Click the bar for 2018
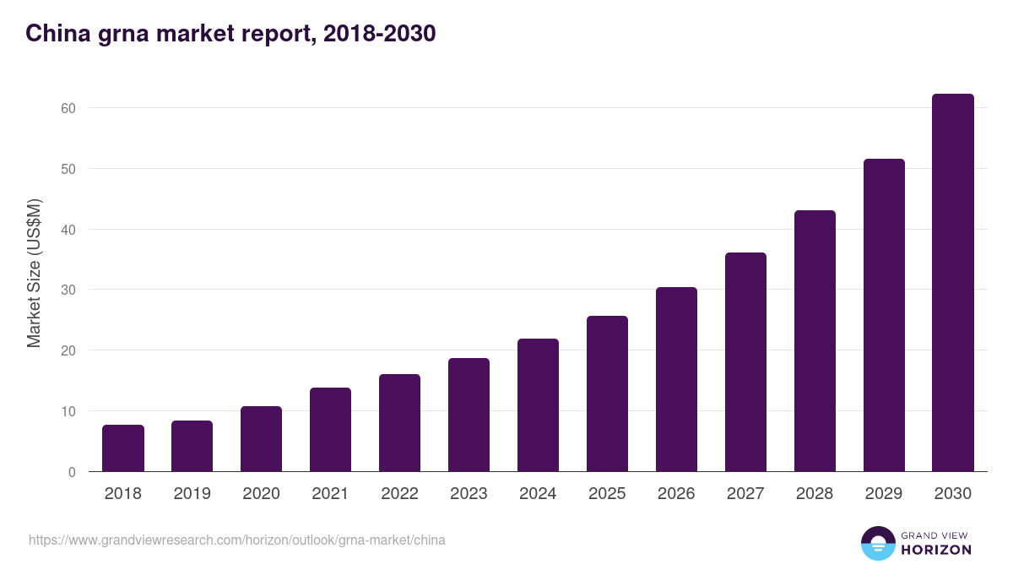(123, 448)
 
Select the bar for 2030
(952, 283)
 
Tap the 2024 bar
(538, 405)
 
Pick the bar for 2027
(745, 362)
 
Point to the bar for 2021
(330, 430)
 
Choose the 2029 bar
(884, 315)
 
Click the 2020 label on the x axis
(261, 494)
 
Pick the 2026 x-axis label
(676, 494)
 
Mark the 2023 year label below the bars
(469, 494)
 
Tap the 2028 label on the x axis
(815, 494)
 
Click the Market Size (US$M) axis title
(34, 272)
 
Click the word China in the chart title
(55, 33)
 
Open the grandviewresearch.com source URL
(237, 540)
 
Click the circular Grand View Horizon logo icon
(878, 543)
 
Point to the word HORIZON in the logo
(936, 550)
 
